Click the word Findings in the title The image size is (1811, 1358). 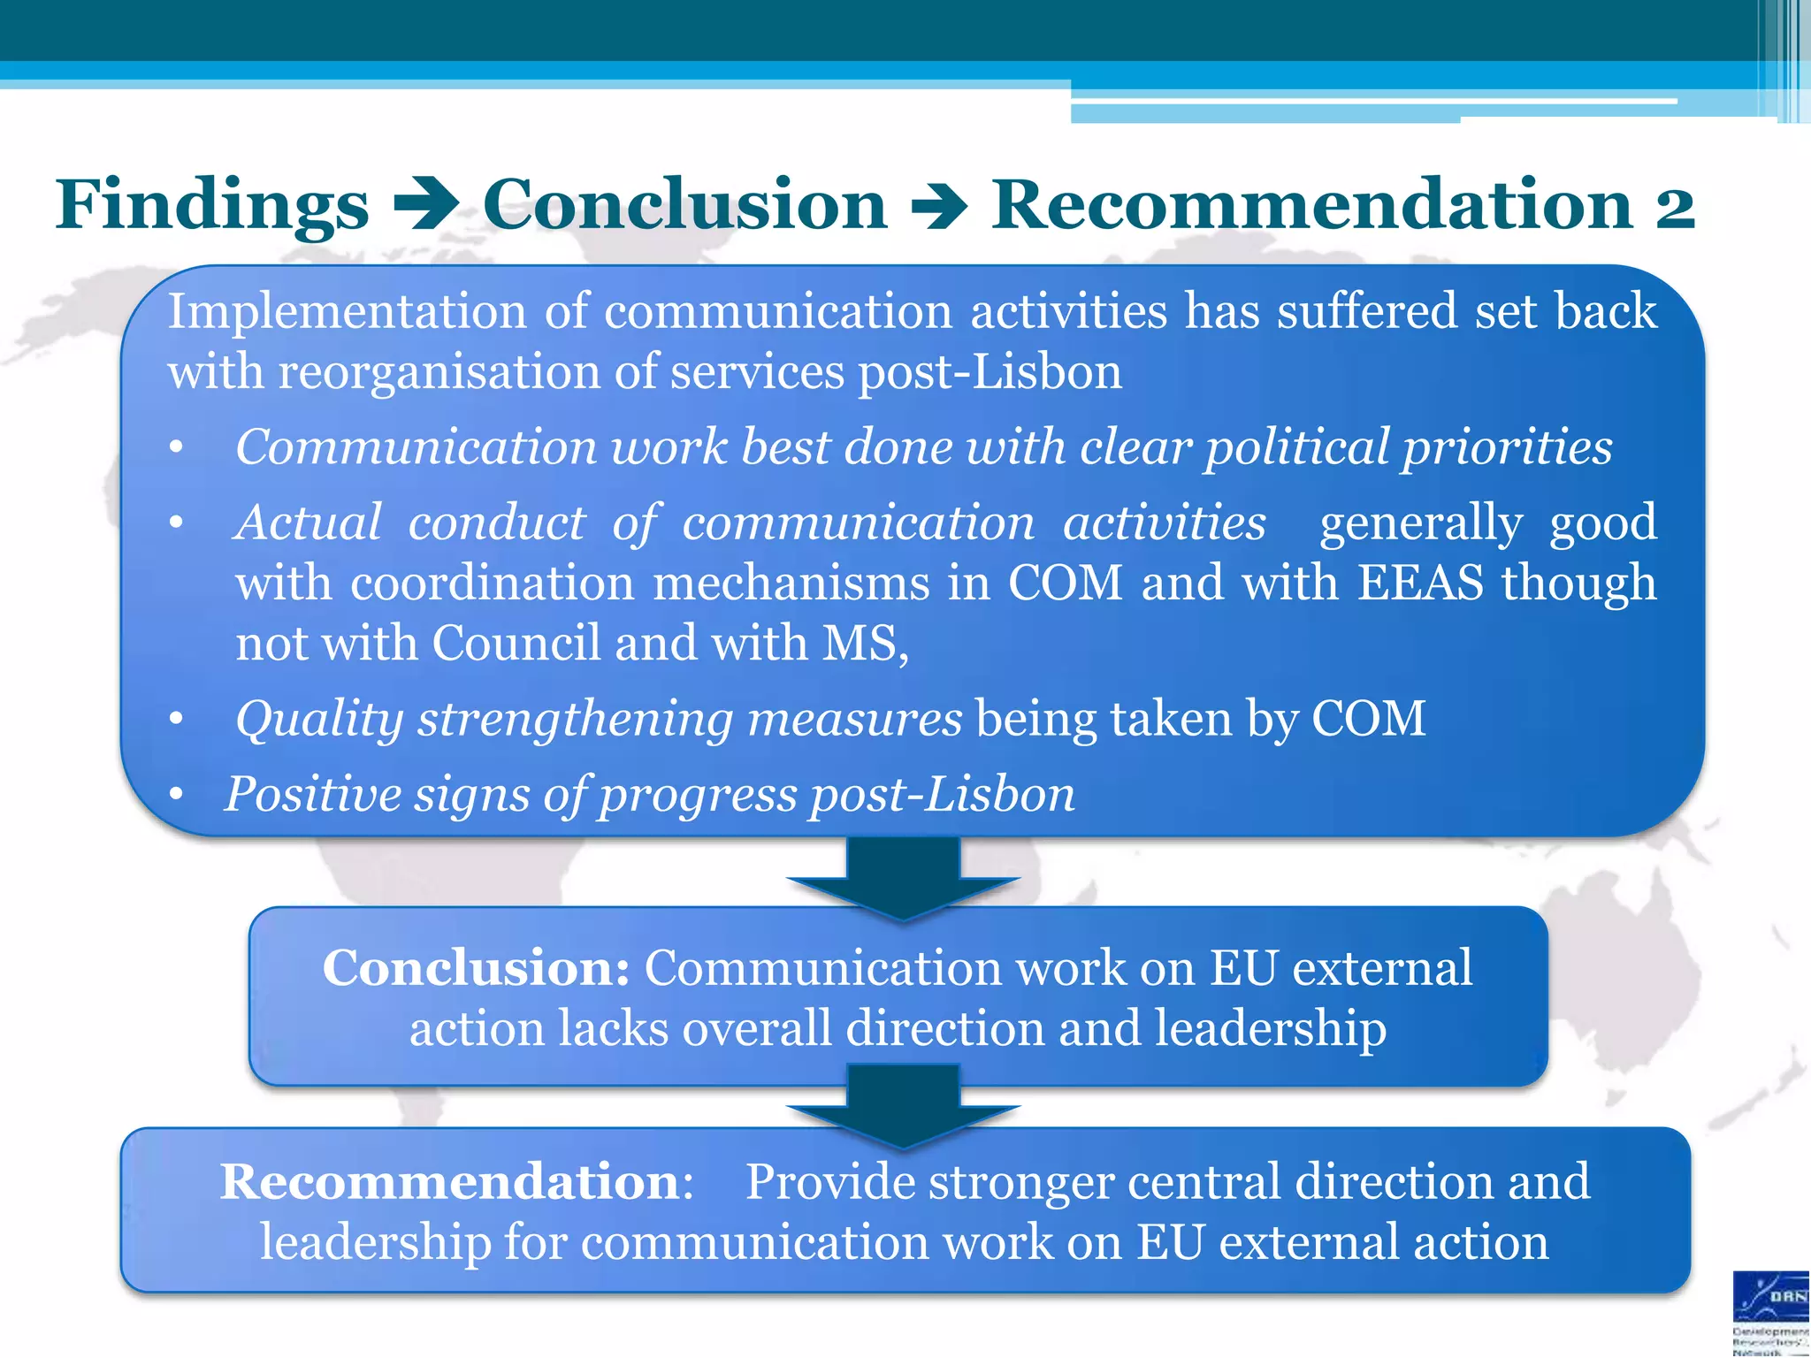click(x=212, y=205)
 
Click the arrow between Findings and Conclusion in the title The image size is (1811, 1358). click(x=425, y=206)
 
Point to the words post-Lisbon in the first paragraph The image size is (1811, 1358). click(x=990, y=371)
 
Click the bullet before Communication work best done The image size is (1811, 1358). click(x=177, y=449)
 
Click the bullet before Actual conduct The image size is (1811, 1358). click(x=177, y=524)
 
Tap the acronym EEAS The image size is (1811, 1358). click(x=1420, y=584)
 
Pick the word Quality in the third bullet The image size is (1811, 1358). click(x=319, y=719)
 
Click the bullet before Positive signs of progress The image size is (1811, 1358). click(x=177, y=795)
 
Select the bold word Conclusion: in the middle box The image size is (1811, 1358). click(x=476, y=968)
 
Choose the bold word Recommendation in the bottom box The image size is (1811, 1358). click(x=449, y=1182)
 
